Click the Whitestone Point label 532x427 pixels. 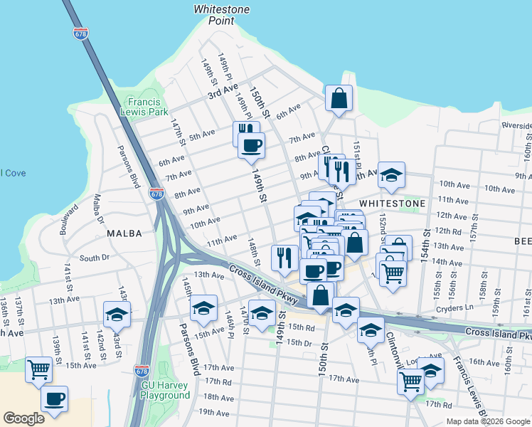tap(214, 15)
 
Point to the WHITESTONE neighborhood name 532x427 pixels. tap(392, 203)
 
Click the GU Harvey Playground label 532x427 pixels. tap(164, 390)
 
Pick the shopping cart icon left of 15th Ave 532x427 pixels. tap(39, 369)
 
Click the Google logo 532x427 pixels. tap(24, 418)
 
